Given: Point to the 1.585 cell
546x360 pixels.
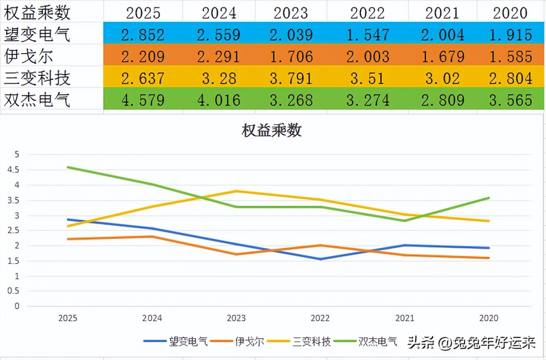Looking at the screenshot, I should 511,57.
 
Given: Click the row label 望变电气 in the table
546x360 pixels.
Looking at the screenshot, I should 38,34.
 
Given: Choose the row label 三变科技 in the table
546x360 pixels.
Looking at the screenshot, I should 38,79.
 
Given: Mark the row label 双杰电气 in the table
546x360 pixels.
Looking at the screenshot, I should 38,100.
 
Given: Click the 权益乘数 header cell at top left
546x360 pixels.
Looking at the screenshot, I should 38,12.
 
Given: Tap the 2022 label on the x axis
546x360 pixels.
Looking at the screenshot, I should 320,318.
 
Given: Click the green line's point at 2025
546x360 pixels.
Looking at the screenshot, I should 68,167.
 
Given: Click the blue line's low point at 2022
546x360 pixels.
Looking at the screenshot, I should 320,259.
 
